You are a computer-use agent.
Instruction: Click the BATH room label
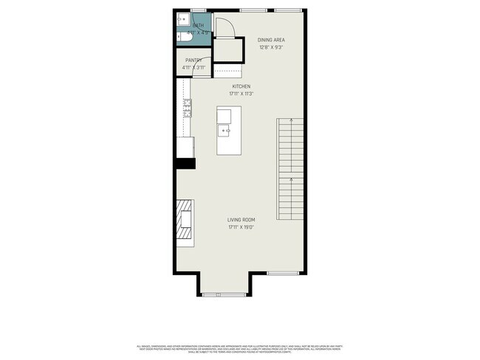click(197, 26)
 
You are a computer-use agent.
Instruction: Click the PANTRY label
click(194, 60)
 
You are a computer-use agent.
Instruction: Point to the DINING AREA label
click(271, 40)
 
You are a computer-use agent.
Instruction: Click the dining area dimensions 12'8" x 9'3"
click(271, 47)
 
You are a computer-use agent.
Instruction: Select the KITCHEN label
click(241, 86)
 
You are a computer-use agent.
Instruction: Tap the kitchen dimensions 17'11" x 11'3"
click(241, 94)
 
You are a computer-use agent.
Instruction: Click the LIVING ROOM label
click(241, 220)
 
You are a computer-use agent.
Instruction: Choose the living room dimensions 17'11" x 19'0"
click(241, 227)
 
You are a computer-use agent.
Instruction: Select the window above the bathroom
click(198, 10)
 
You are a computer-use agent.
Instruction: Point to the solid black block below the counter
click(185, 164)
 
